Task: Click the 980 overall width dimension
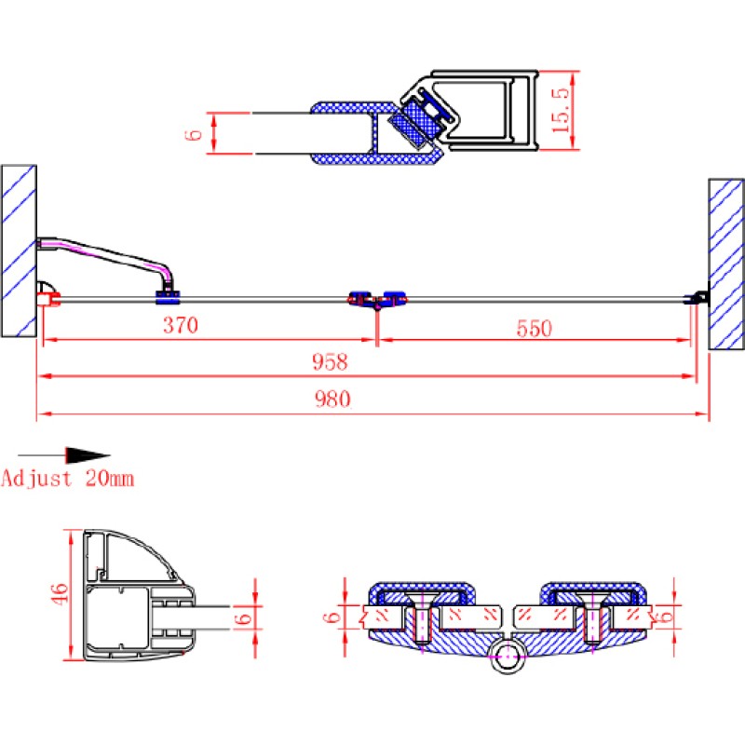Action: tap(332, 400)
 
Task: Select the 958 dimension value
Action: tap(330, 362)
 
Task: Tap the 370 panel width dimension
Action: tap(181, 325)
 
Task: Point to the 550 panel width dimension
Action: tap(535, 329)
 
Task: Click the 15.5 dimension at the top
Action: tap(561, 110)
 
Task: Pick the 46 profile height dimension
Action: tap(60, 594)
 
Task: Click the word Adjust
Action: tap(36, 479)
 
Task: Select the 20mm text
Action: tap(110, 479)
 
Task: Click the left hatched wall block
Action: tap(19, 251)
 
